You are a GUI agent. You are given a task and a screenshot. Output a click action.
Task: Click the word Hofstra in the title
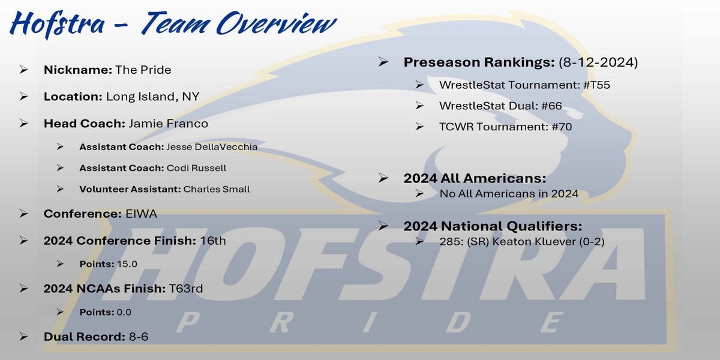58,24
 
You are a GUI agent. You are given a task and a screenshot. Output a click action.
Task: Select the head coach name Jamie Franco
169,124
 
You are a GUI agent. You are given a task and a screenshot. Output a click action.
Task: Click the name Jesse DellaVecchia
212,147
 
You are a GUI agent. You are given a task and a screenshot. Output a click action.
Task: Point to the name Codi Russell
196,168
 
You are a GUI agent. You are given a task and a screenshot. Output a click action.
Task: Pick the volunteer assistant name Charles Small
217,189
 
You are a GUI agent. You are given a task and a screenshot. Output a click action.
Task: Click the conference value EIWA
141,214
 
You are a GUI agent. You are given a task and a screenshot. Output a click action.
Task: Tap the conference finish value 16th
213,241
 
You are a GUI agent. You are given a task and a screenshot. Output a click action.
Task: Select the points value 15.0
127,264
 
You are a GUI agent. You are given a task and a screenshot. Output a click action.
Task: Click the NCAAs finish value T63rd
186,289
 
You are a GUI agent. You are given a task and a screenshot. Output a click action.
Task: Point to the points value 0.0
124,312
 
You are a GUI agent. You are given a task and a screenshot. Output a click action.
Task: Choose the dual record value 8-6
139,337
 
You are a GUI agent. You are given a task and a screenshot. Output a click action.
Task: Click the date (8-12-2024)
598,62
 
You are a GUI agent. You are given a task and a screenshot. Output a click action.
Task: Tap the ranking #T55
596,85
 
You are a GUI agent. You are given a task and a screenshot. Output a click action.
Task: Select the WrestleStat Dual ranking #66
551,106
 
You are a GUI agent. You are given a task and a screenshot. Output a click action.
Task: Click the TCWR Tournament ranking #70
562,127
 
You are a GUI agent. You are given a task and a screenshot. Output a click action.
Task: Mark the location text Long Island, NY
152,97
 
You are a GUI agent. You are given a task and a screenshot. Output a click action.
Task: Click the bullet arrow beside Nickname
23,70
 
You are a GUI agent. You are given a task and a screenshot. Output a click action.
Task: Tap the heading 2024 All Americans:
475,178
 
